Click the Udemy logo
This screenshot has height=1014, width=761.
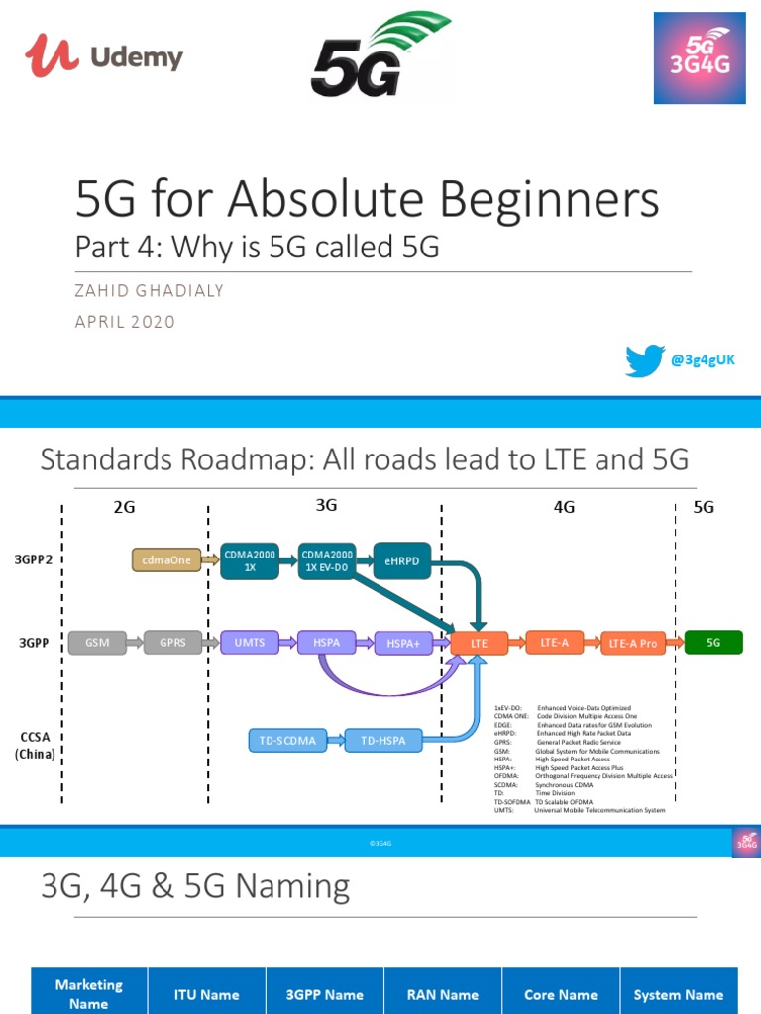click(x=104, y=56)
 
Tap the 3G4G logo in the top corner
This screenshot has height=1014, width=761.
click(x=699, y=58)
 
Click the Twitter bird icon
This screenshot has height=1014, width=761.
click(x=644, y=360)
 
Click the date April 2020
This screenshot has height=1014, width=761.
click(x=125, y=322)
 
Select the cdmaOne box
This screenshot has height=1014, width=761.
click(x=164, y=560)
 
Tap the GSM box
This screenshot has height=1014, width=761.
click(x=97, y=643)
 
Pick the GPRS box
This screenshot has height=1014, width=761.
click(x=172, y=643)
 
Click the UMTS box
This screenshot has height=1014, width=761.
click(x=250, y=643)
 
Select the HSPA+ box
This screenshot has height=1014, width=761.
click(x=403, y=644)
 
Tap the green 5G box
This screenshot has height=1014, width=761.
click(x=713, y=643)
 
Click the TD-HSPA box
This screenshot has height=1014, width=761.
click(x=382, y=740)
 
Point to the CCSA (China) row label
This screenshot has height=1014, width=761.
click(x=35, y=746)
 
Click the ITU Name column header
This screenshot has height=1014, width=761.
click(x=206, y=994)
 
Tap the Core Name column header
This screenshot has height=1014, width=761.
click(x=561, y=994)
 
